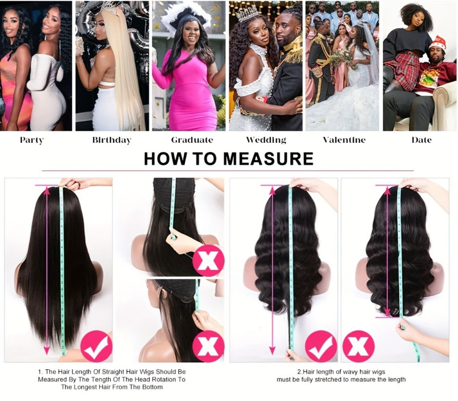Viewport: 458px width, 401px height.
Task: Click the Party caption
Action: click(x=32, y=140)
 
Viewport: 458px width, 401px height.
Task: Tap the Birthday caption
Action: click(x=112, y=140)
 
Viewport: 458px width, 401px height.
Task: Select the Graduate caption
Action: click(x=192, y=140)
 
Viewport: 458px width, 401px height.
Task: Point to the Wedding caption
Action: click(x=266, y=140)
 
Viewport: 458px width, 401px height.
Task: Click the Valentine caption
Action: click(x=344, y=140)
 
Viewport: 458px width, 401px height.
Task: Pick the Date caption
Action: click(x=421, y=140)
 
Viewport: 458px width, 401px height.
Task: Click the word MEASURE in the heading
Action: click(x=268, y=159)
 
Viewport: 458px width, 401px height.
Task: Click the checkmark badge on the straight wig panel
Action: click(x=97, y=346)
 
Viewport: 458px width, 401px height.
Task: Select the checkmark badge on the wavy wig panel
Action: click(x=321, y=346)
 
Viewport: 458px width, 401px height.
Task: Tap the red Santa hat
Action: click(x=437, y=43)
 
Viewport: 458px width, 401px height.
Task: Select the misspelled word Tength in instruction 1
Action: click(x=101, y=380)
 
